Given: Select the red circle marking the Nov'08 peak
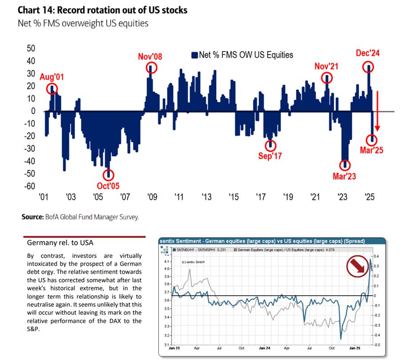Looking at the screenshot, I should tap(152, 68).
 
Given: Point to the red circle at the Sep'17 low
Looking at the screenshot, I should tap(270, 145).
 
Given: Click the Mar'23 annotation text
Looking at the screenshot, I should tap(345, 176).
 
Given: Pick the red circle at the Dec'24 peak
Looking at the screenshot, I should tap(368, 67).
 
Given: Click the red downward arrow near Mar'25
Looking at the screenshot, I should tap(377, 111).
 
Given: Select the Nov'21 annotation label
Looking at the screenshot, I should tap(327, 66).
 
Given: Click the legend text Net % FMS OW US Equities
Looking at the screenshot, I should tap(246, 55).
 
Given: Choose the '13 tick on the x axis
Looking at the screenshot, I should tap(206, 196).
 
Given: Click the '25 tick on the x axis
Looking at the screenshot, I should tap(369, 196).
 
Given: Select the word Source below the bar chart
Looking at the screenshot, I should tap(32, 217).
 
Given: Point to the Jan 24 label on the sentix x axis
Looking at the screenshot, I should tap(262, 348).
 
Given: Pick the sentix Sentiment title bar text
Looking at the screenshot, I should tap(262, 241).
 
